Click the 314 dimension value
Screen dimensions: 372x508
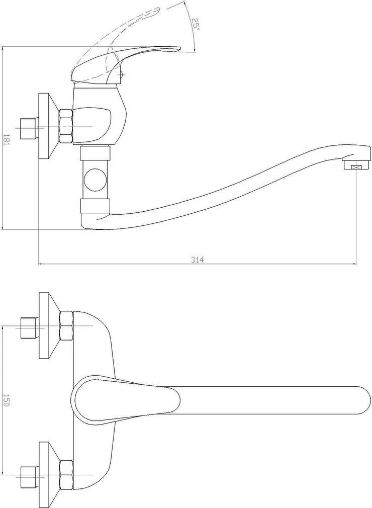197,260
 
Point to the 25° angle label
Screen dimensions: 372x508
195,24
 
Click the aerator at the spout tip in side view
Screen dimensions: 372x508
356,166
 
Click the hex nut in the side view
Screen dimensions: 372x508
66,126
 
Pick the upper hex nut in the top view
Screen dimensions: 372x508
66,325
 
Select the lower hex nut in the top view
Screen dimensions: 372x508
66,475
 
